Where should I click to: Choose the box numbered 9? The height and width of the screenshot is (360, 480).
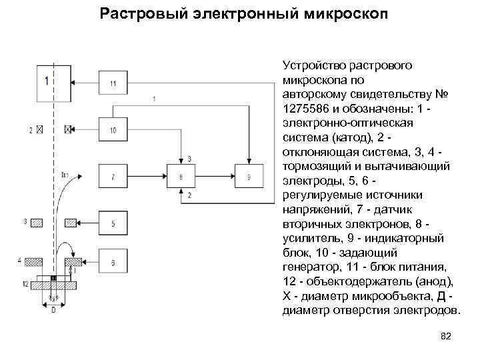pos(248,177)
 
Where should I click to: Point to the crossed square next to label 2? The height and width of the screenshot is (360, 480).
pos(40,129)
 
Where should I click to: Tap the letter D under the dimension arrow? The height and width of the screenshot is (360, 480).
pos(53,310)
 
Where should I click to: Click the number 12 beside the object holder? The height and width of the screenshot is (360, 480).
pos(25,284)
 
